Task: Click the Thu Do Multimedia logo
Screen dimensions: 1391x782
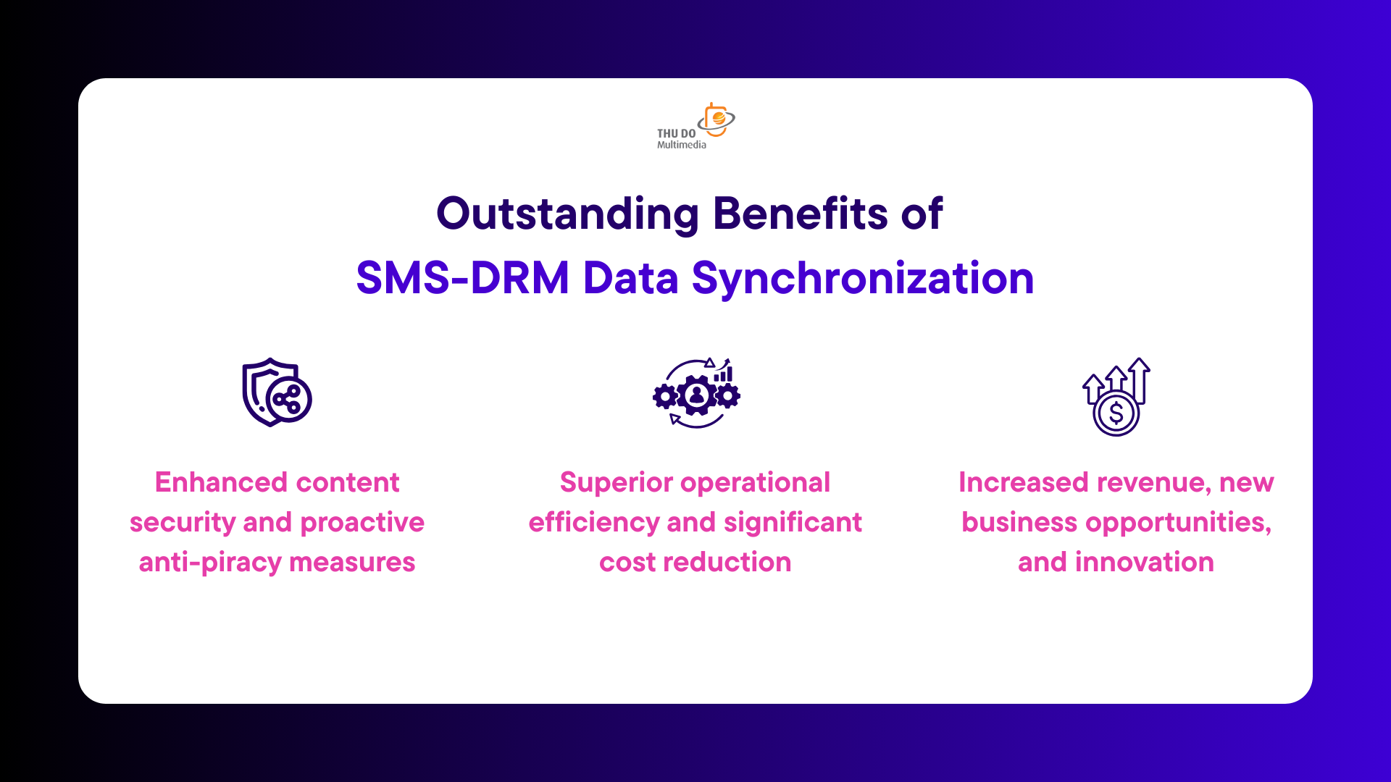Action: coord(695,126)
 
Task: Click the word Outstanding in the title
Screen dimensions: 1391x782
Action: coord(567,215)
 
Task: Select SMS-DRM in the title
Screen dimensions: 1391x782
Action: coord(462,278)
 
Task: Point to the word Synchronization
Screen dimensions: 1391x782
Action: coord(863,279)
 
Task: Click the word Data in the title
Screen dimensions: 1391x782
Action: coord(630,278)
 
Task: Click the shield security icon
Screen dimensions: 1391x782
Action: coord(277,392)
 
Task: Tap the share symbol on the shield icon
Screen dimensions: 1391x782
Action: coord(288,399)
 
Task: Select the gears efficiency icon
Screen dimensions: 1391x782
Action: coord(696,393)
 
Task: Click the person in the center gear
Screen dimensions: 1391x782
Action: coord(697,395)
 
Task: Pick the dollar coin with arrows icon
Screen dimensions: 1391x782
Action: coord(1116,397)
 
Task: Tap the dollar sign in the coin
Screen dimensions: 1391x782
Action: coord(1116,413)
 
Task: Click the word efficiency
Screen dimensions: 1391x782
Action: coord(593,523)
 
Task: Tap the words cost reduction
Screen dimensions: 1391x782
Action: coord(695,563)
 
